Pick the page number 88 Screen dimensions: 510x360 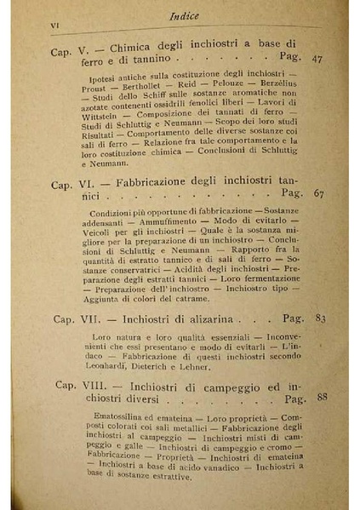tap(321, 398)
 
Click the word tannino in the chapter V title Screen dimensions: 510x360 tap(149, 60)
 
